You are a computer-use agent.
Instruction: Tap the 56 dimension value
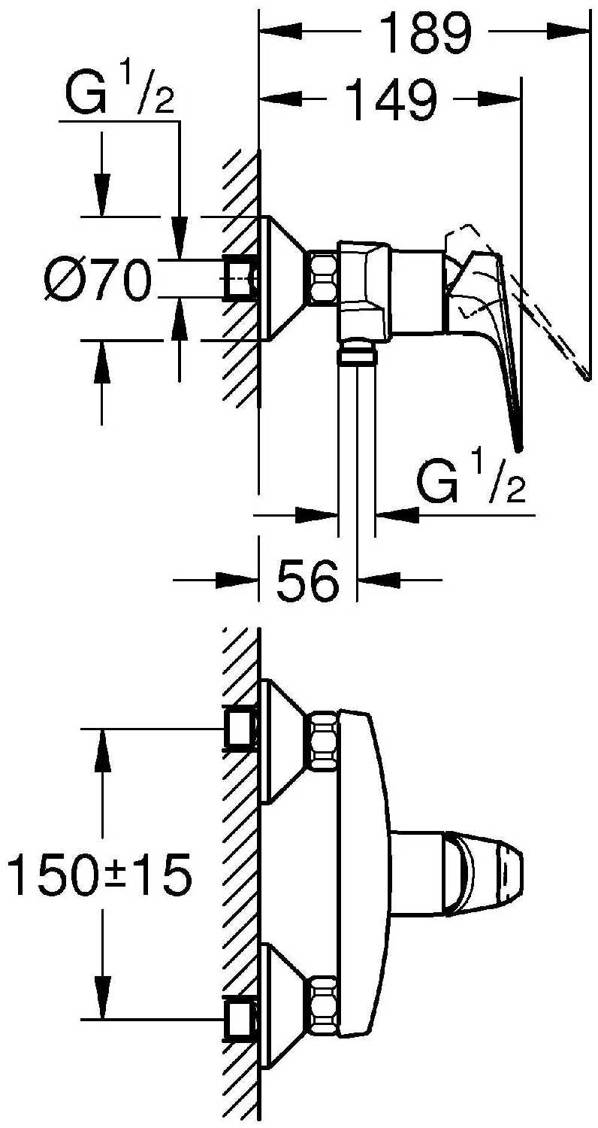coord(308,580)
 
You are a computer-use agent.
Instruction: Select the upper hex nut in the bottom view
coord(323,740)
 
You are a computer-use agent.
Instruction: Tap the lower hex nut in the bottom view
coord(323,1004)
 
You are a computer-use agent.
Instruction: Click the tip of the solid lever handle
coord(518,447)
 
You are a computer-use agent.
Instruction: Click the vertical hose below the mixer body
coord(356,444)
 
